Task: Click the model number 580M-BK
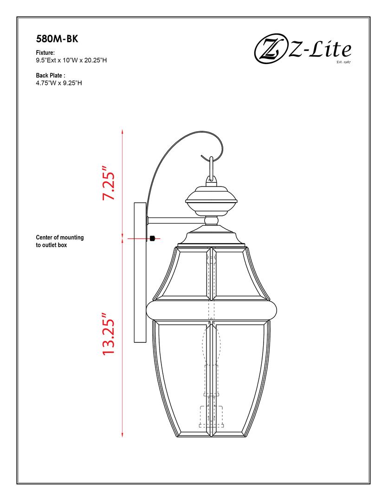tap(57, 39)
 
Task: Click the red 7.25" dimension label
tap(109, 183)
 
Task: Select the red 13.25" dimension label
tap(109, 334)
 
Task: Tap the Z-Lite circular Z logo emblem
tap(270, 51)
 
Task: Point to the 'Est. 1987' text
tap(343, 62)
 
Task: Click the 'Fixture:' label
tap(45, 53)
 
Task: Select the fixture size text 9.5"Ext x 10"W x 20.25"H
tap(71, 60)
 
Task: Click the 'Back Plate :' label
tap(51, 76)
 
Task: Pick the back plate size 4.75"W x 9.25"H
tap(59, 83)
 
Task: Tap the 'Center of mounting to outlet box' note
tap(60, 241)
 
